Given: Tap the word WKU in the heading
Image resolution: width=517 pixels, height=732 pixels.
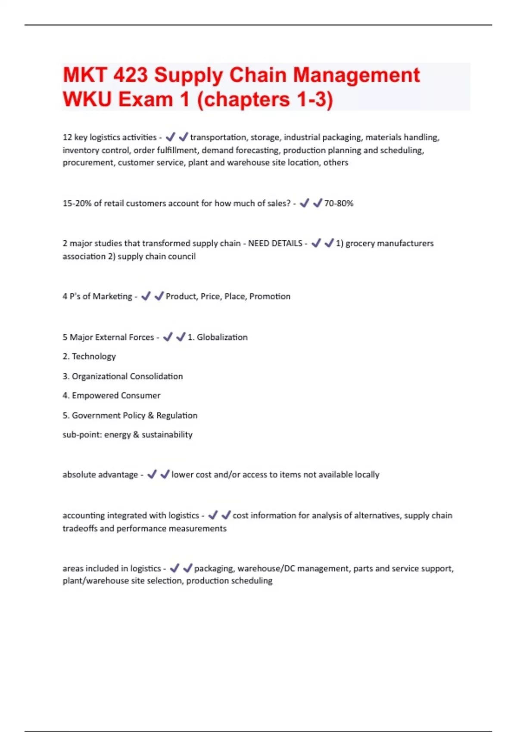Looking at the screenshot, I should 87,99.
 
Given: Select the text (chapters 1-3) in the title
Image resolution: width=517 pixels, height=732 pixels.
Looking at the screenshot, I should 265,99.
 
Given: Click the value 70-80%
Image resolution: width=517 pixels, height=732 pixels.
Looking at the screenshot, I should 339,203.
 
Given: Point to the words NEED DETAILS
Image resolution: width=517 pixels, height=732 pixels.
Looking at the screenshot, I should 275,243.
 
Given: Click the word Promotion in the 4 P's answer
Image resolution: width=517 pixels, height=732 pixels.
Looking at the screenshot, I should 270,296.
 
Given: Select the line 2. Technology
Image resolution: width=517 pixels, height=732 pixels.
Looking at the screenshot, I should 89,357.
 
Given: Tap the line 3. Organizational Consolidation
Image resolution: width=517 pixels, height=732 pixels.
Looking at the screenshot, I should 123,376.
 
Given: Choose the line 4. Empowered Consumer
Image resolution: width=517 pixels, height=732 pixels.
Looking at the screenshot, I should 111,395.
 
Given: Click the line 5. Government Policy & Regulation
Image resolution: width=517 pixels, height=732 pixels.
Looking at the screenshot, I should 130,416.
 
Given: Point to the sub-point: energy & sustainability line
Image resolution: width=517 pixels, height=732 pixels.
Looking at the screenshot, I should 128,434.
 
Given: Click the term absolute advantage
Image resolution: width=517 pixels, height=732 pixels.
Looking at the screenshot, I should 100,475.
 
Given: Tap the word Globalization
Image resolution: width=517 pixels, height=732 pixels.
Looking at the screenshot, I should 222,337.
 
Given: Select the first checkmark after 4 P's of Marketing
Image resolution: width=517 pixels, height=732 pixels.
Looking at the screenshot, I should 146,296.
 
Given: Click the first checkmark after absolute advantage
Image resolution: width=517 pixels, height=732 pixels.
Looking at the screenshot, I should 152,474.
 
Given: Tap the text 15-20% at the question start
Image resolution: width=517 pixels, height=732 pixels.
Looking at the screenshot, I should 77,203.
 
